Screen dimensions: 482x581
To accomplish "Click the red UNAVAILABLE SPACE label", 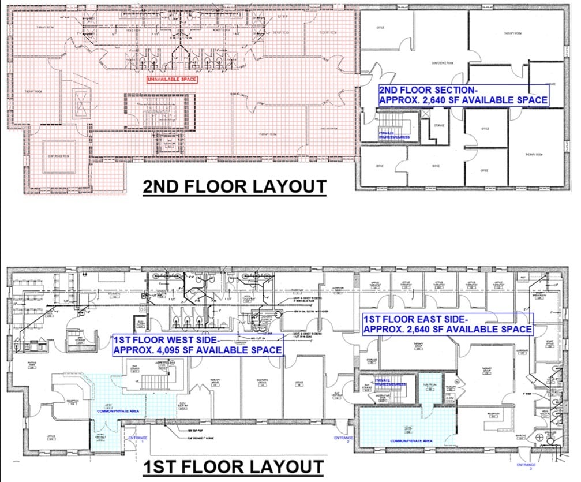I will click(x=173, y=80).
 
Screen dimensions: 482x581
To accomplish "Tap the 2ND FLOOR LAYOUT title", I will click(x=234, y=187).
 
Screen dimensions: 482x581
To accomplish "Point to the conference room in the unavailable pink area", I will click(x=59, y=155).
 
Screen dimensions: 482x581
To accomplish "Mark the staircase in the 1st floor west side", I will click(x=151, y=380).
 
